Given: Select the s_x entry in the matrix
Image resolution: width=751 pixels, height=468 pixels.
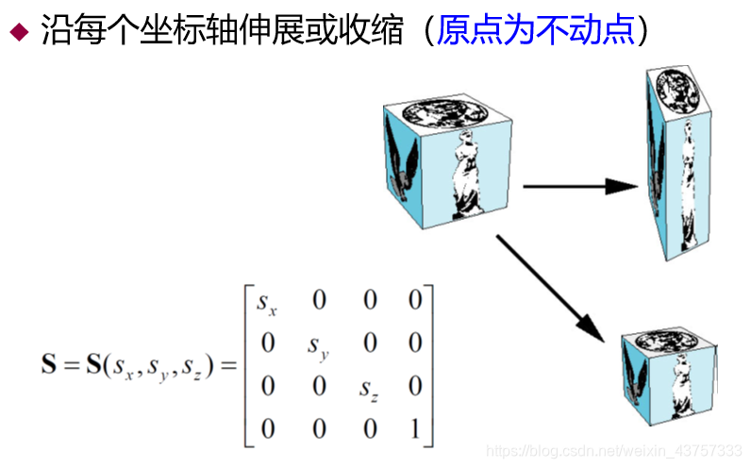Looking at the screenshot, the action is tap(267, 303).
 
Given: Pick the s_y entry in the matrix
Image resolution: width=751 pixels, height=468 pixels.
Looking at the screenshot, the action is tap(318, 345).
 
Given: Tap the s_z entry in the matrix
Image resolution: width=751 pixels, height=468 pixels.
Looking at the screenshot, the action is tap(369, 388).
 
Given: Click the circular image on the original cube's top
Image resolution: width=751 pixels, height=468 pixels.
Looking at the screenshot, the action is tap(444, 114).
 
